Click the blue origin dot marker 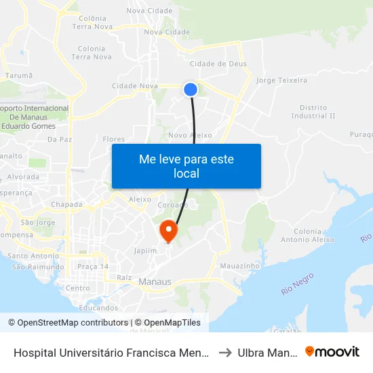point(191,89)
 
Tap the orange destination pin point(168,231)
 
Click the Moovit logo point(332,352)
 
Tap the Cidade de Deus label point(218,64)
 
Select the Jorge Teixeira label point(282,80)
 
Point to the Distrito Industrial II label point(313,111)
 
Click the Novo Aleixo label point(195,136)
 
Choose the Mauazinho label point(240,267)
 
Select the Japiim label point(145,250)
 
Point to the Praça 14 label point(93,267)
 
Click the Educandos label point(98,307)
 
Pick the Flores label point(114,139)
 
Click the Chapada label point(66,204)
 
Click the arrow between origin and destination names point(226,352)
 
